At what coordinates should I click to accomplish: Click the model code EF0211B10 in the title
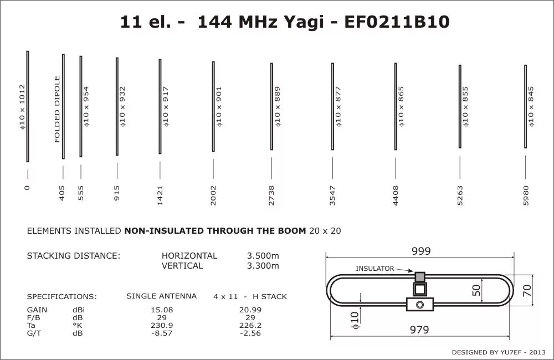point(397,22)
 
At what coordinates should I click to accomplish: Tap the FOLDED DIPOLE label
point(57,109)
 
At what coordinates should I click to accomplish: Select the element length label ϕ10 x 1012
point(22,107)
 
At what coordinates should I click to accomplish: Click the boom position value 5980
point(526,196)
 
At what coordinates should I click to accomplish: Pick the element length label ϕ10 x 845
point(531,106)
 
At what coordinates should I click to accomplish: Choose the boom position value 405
point(62,193)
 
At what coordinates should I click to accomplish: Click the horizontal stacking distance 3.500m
point(263,256)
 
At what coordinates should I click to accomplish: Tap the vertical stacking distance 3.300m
point(263,266)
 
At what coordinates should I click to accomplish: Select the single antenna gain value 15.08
point(162,310)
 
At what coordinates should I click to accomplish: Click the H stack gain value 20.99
point(250,310)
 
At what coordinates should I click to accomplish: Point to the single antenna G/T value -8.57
point(162,333)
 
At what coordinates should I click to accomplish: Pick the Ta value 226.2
point(250,325)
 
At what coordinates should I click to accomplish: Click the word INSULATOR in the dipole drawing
point(375,269)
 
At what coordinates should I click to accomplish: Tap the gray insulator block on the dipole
point(419,276)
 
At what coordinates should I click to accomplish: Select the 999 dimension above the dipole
point(421,251)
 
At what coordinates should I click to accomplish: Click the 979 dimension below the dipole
point(419,330)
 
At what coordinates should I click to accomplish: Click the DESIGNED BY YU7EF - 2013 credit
point(499,352)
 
